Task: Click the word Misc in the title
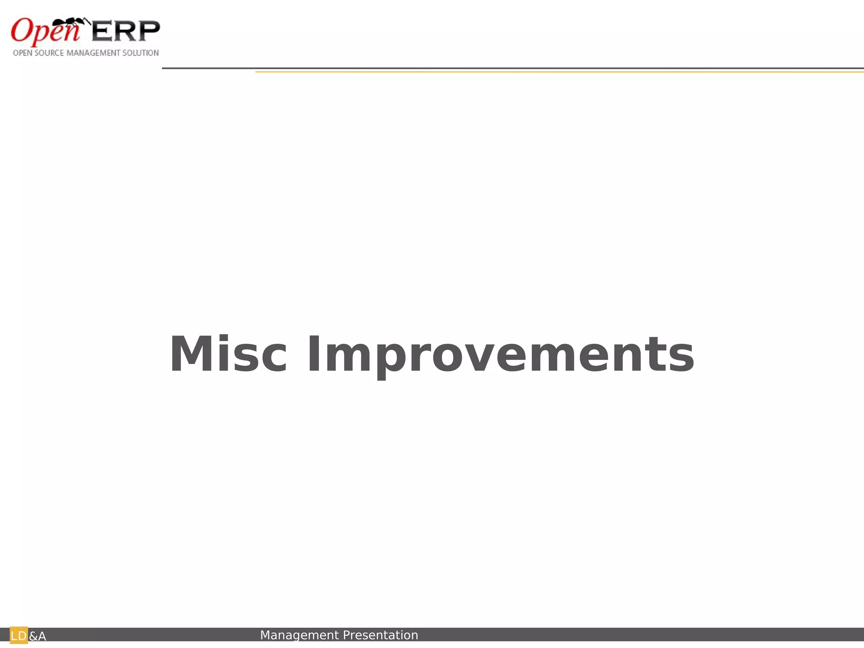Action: pyautogui.click(x=228, y=354)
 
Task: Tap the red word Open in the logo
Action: pyautogui.click(x=45, y=31)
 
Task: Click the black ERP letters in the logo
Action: pyautogui.click(x=126, y=31)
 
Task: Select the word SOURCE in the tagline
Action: pyautogui.click(x=49, y=53)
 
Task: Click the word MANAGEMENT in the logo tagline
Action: pyautogui.click(x=94, y=53)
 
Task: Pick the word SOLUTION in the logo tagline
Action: pyautogui.click(x=140, y=53)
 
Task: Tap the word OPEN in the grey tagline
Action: pyautogui.click(x=22, y=53)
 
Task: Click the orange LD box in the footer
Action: pyautogui.click(x=19, y=635)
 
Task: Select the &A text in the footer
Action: pyautogui.click(x=38, y=636)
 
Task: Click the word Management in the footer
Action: pyautogui.click(x=300, y=635)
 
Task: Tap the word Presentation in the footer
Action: pyautogui.click(x=381, y=635)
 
